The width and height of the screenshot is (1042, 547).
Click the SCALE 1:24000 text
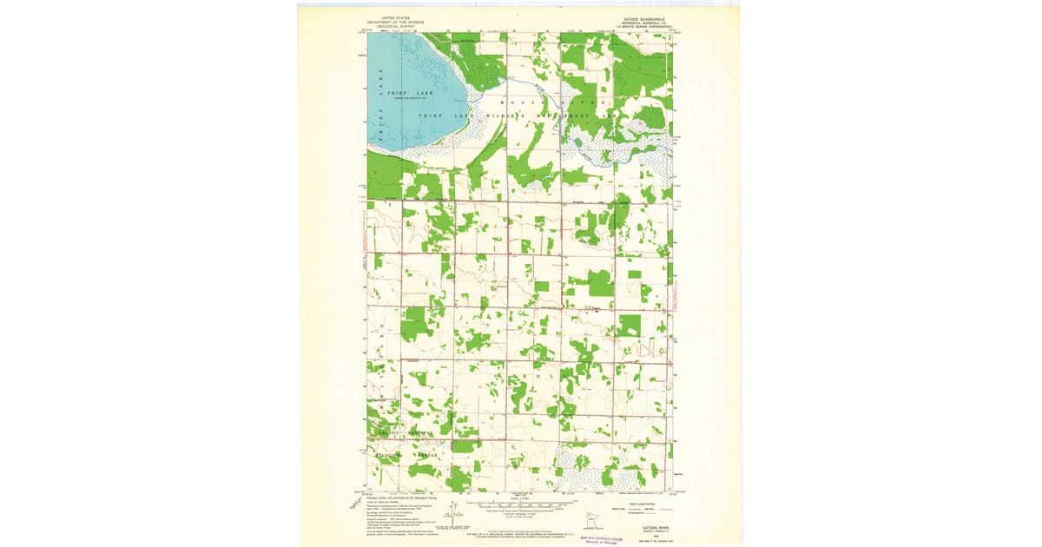pyautogui.click(x=522, y=498)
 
